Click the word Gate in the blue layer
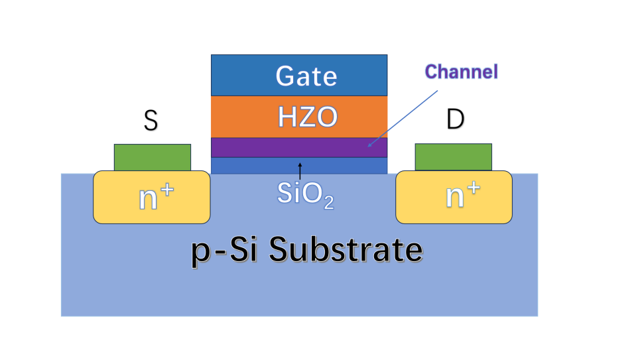[306, 76]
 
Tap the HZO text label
[308, 117]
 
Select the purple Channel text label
[461, 72]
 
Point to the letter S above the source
[151, 121]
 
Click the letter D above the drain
[455, 119]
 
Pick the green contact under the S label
[153, 157]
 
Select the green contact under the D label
[454, 156]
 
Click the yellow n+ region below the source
[152, 197]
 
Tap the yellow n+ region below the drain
[454, 197]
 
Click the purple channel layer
[299, 147]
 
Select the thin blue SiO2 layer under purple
[299, 166]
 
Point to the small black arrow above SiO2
[300, 171]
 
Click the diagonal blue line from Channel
[403, 119]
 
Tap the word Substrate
[346, 249]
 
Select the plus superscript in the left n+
[167, 190]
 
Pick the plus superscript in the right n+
[474, 188]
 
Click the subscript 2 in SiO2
[329, 203]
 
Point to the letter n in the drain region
[455, 196]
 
